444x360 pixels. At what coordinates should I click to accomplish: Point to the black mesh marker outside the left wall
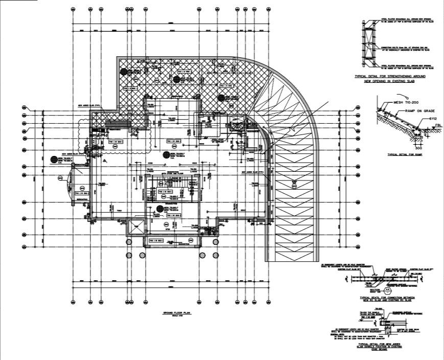(x=53, y=160)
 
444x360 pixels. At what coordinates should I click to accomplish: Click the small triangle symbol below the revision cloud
(x=104, y=161)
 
